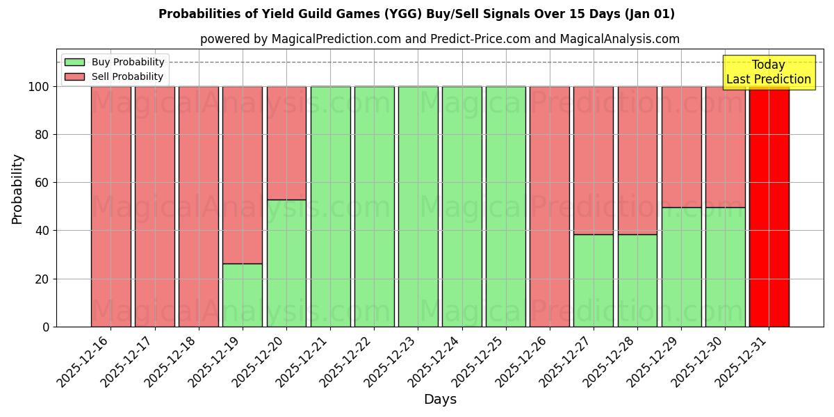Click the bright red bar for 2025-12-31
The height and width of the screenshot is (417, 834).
(x=769, y=206)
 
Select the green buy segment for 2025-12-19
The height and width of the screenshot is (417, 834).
(x=243, y=295)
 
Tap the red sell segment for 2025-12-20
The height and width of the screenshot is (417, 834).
(x=286, y=142)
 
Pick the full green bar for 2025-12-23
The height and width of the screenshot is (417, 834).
(x=418, y=206)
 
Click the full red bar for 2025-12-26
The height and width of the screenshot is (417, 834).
(x=549, y=206)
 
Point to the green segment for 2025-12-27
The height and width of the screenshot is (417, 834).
(x=593, y=280)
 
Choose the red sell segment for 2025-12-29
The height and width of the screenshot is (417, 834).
(x=681, y=147)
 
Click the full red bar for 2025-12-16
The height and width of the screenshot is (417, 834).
(x=111, y=206)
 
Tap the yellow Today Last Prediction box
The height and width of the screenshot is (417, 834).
(x=768, y=72)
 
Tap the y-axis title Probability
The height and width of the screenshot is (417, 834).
(x=17, y=188)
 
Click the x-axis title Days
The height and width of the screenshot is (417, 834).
(x=440, y=400)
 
